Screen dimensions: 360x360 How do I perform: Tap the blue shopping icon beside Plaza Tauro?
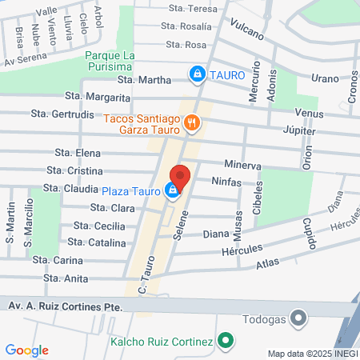click(x=170, y=190)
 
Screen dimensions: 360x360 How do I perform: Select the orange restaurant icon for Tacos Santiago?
click(x=191, y=122)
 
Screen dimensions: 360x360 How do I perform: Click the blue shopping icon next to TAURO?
click(x=196, y=74)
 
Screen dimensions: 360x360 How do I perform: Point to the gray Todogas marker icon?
click(x=298, y=318)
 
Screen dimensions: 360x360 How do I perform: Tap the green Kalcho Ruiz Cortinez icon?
click(x=226, y=342)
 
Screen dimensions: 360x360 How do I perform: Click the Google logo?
click(x=26, y=350)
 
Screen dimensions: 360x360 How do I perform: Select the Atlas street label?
click(x=268, y=264)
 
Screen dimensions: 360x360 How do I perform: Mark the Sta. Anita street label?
click(x=66, y=278)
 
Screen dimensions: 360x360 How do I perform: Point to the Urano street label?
click(x=325, y=78)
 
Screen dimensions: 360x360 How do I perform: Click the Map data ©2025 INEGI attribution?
click(x=312, y=353)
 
